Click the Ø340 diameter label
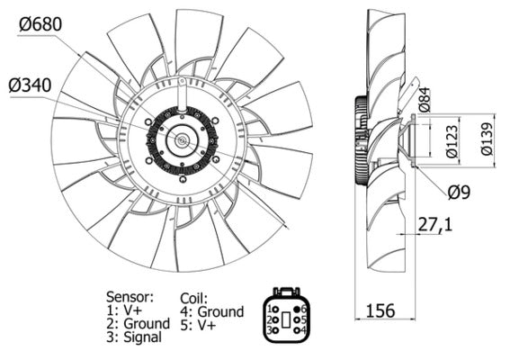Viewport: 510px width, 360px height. tap(31, 87)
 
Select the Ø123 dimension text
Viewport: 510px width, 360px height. tap(448, 141)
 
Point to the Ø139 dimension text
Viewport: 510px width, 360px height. tap(487, 139)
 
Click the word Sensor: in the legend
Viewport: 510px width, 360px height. tap(130, 296)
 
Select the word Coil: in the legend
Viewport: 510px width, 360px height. tap(192, 297)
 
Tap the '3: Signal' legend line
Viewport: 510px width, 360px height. tap(134, 337)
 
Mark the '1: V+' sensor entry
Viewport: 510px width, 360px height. tap(125, 310)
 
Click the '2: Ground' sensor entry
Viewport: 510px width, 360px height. tap(138, 323)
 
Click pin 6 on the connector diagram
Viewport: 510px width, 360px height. tap(304, 309)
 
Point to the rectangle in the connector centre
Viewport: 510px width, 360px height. tap(287, 319)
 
